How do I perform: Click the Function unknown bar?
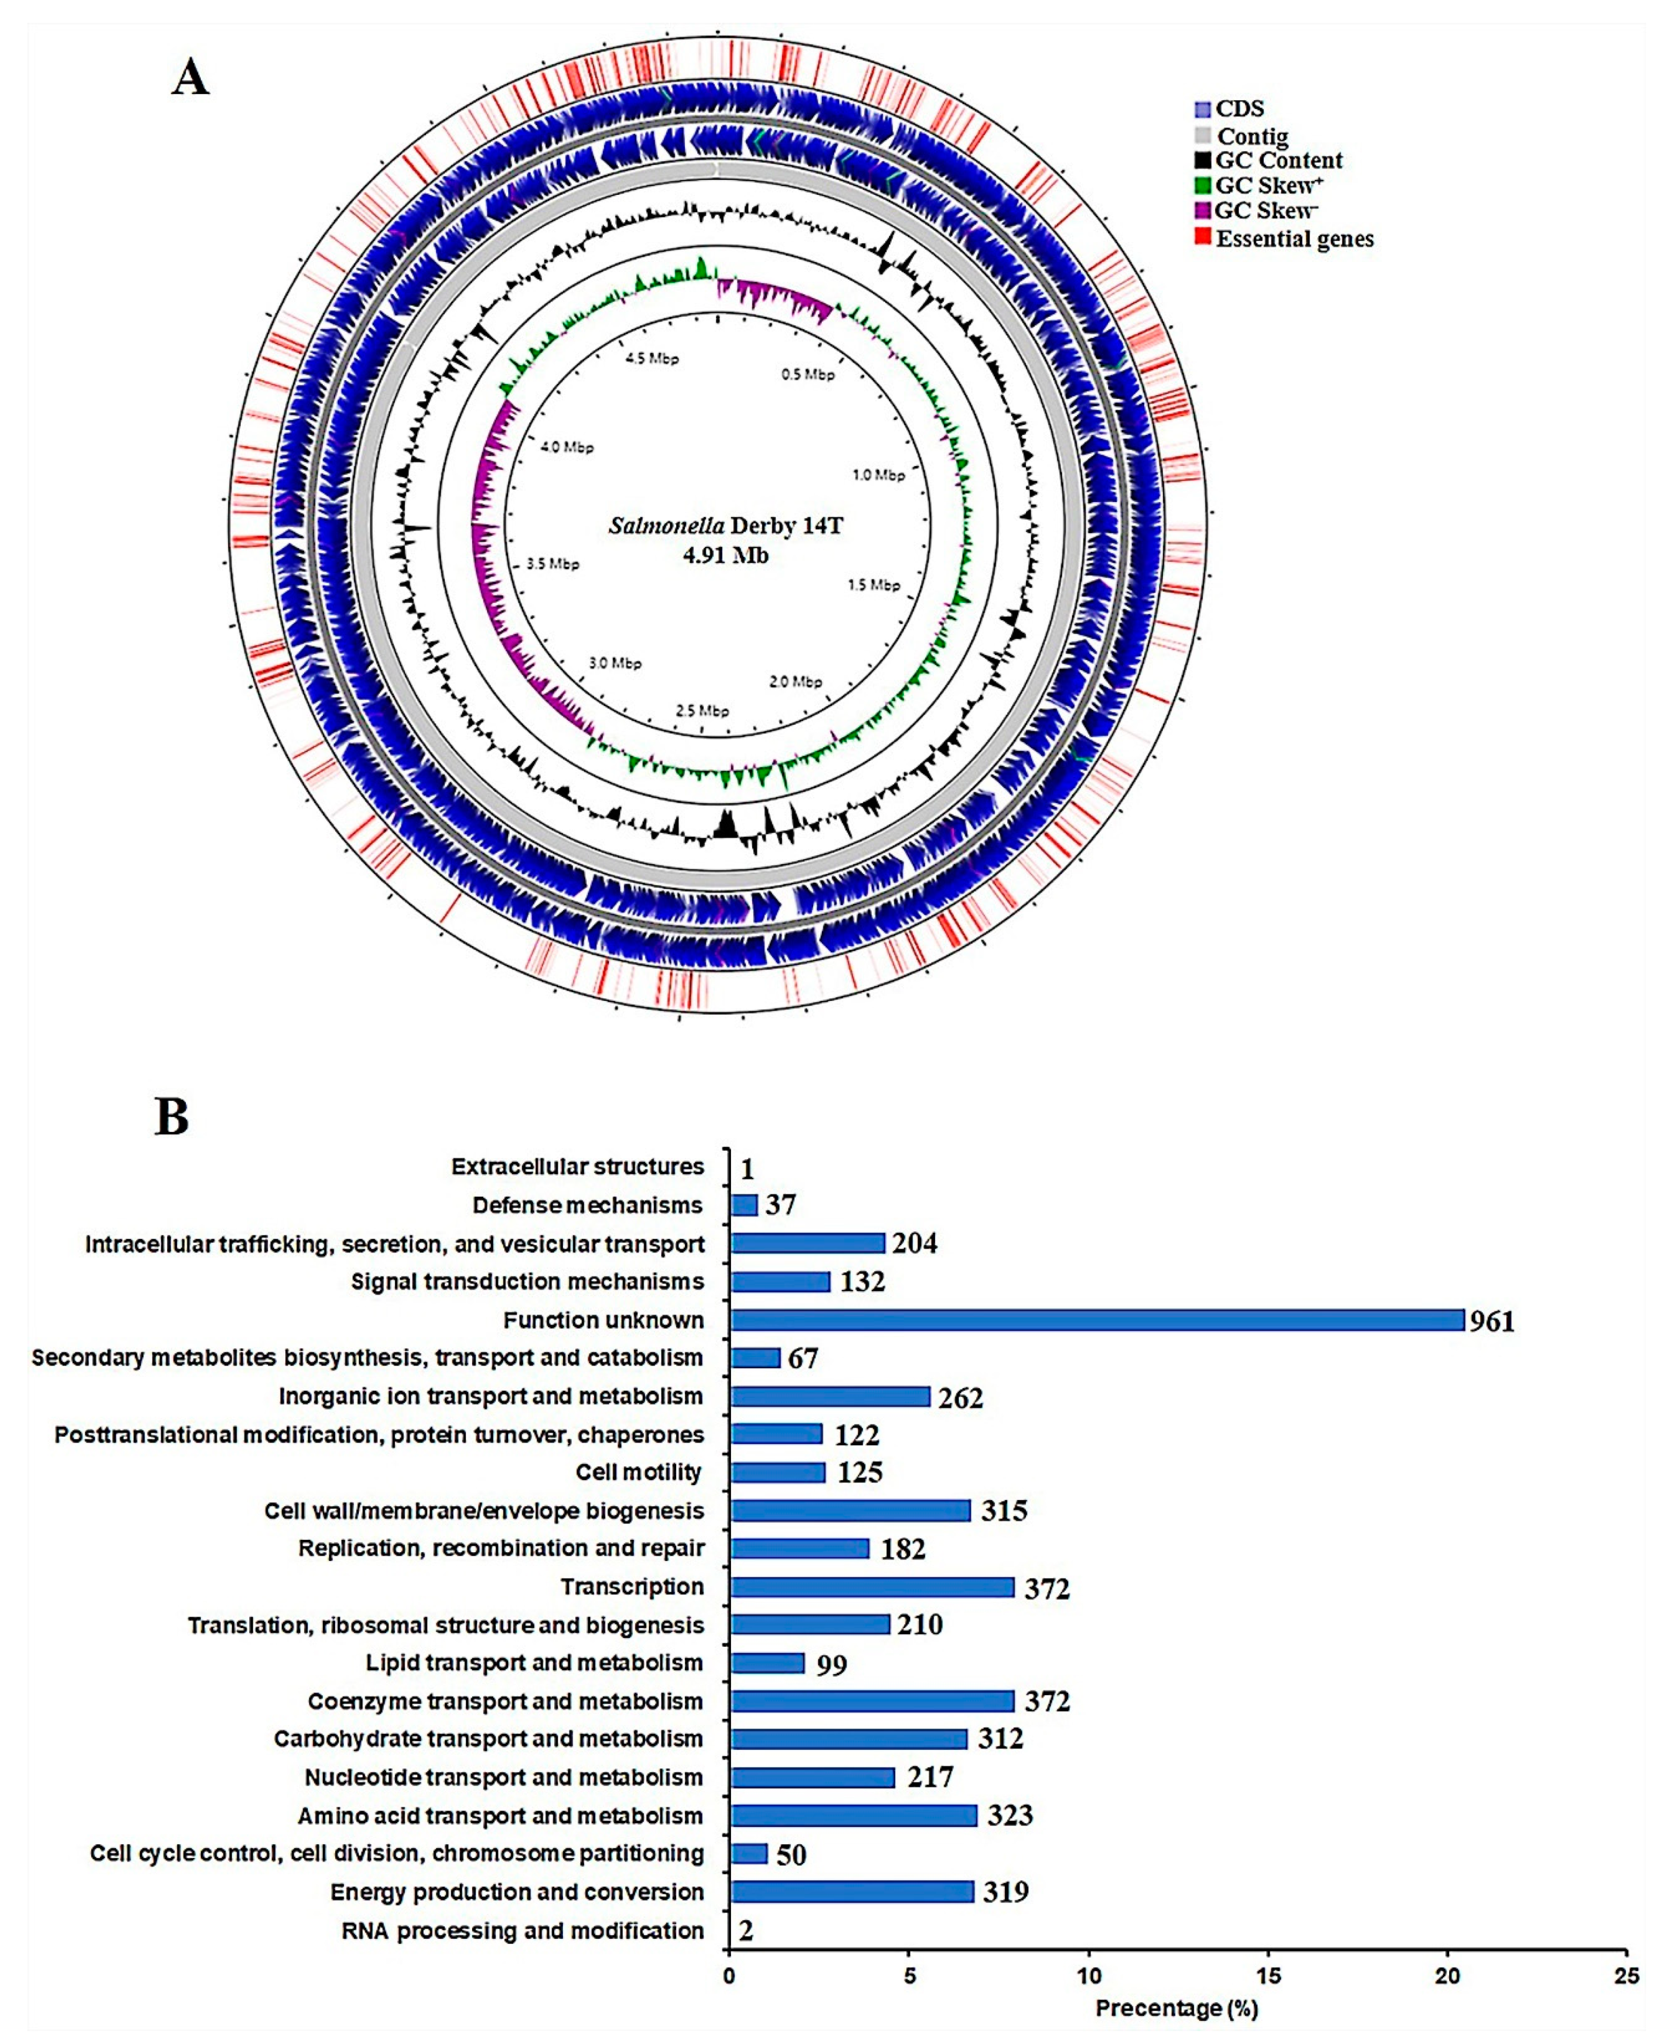pyautogui.click(x=1097, y=1320)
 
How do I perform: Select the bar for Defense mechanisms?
pyautogui.click(x=744, y=1204)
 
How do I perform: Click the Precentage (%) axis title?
pyautogui.click(x=1176, y=2008)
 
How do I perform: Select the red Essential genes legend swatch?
pyautogui.click(x=1202, y=236)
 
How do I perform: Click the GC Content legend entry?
pyautogui.click(x=1278, y=160)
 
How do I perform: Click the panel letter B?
pyautogui.click(x=172, y=1116)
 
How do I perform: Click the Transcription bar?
pyautogui.click(x=872, y=1587)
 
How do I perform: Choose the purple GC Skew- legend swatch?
pyautogui.click(x=1202, y=210)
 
